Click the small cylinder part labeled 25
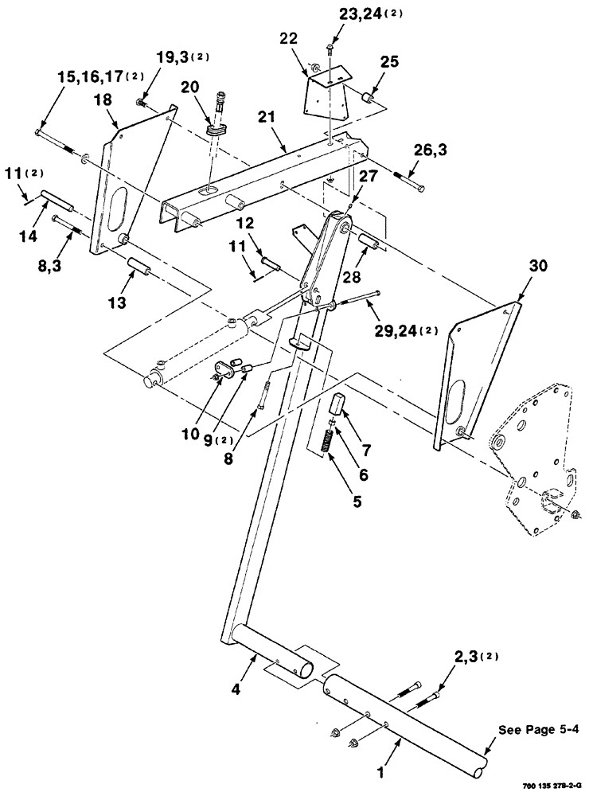[x=369, y=99]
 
